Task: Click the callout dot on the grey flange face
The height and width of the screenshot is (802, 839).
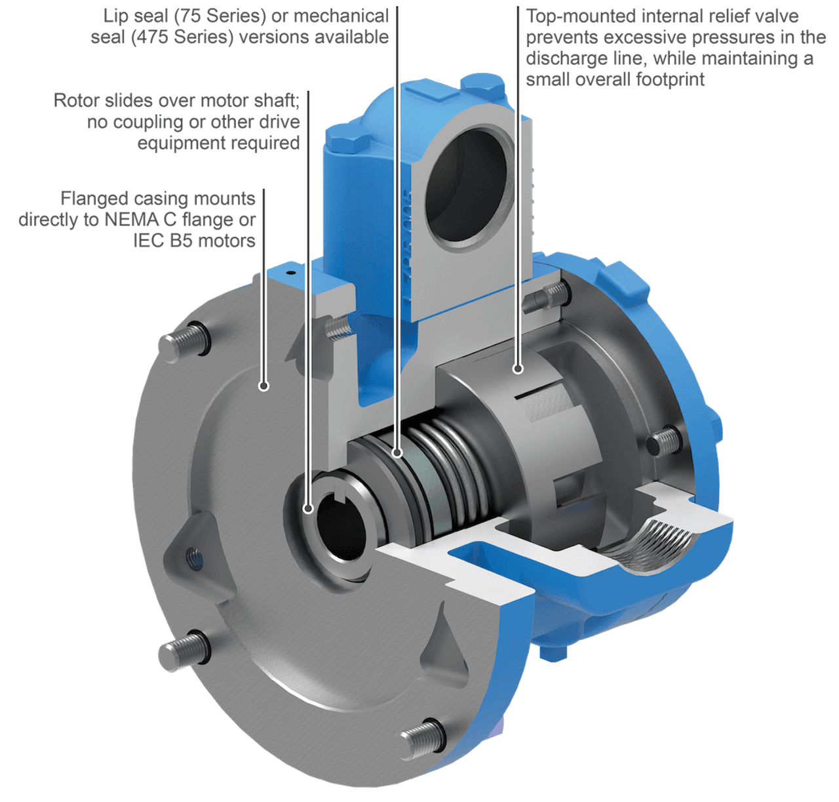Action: tap(264, 386)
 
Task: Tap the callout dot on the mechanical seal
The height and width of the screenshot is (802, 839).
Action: tap(397, 452)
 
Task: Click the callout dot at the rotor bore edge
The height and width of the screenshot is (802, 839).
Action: tap(308, 509)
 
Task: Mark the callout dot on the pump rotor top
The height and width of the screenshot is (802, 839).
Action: tap(518, 369)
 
